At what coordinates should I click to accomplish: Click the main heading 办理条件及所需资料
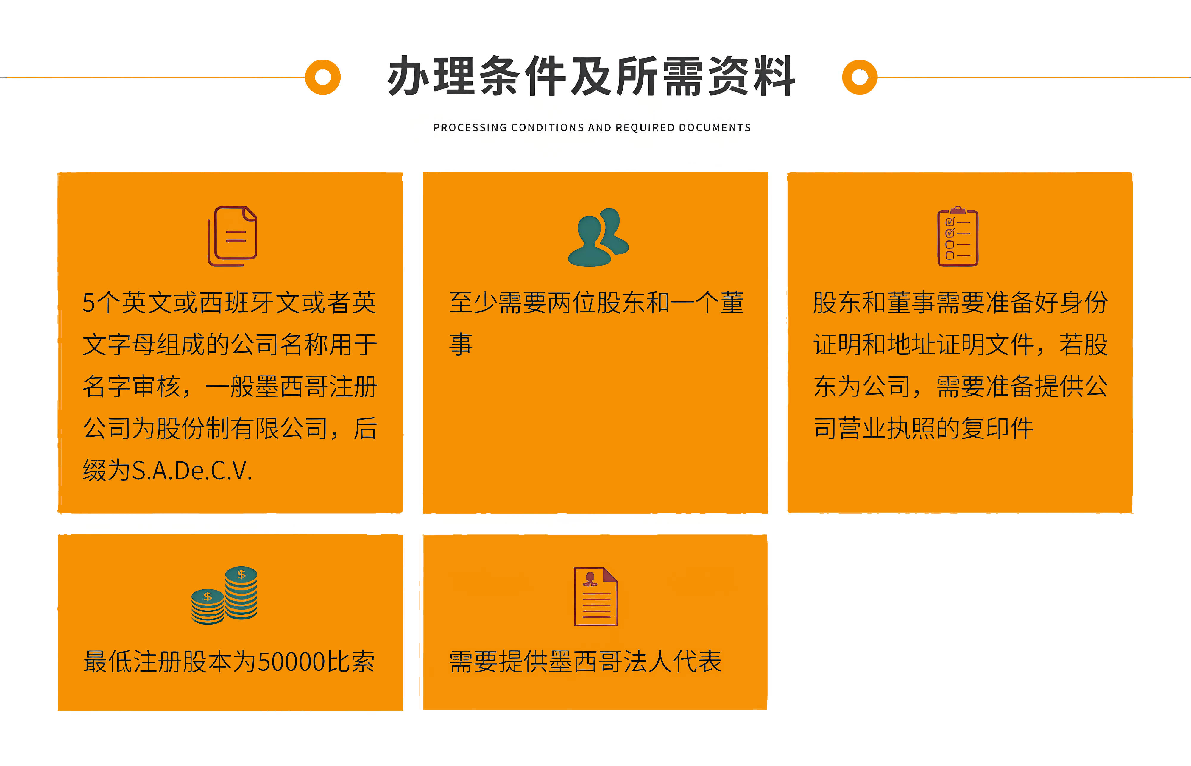point(591,76)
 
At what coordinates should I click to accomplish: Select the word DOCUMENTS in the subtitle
point(715,128)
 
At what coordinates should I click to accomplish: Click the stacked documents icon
point(232,236)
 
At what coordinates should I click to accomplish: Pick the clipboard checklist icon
point(958,237)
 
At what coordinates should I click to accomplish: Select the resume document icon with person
point(596,596)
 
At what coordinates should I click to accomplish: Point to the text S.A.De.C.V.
point(192,471)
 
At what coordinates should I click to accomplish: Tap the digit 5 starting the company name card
point(88,302)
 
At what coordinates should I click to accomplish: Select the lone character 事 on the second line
point(461,344)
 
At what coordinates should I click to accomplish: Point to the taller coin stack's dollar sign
point(241,574)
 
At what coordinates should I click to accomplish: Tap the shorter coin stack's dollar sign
point(208,596)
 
